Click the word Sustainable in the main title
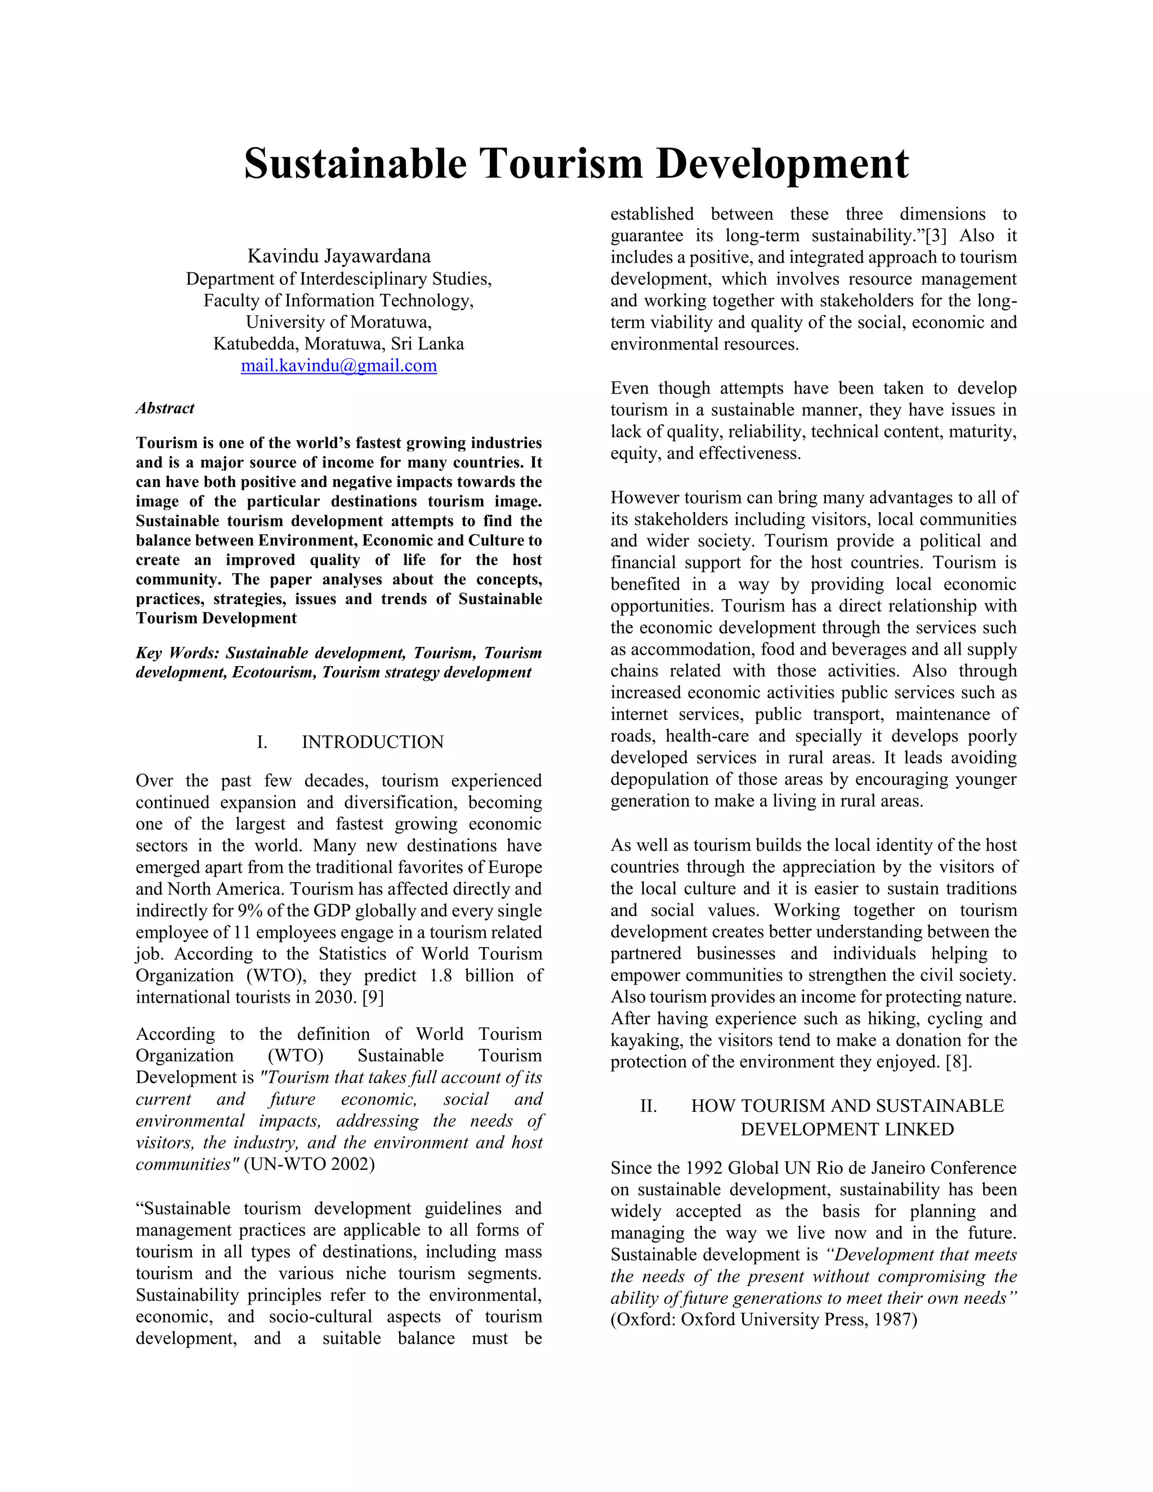tap(355, 164)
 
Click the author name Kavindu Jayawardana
tap(339, 256)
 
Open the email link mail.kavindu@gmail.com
tap(339, 365)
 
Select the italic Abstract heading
tap(164, 408)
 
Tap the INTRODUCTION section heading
tap(372, 742)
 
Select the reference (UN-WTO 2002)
tap(310, 1164)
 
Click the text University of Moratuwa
tap(339, 321)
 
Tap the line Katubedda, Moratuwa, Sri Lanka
tap(339, 343)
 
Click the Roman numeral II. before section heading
tap(648, 1106)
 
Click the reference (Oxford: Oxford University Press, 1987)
tap(763, 1319)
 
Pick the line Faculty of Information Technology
tap(339, 301)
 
